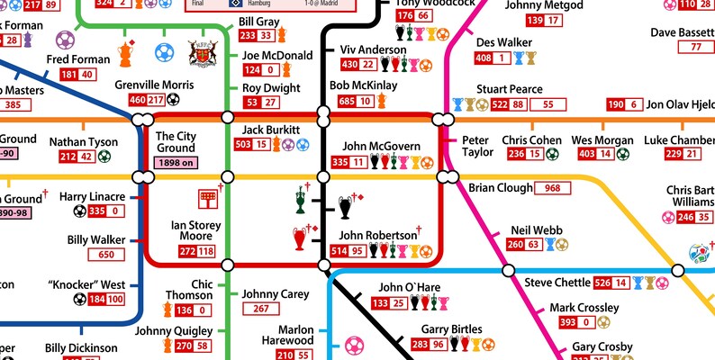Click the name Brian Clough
tap(500, 188)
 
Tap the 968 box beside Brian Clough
tap(553, 188)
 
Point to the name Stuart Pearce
tap(510, 89)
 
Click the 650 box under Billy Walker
tap(112, 255)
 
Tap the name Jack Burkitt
tap(270, 130)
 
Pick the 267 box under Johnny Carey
tap(260, 309)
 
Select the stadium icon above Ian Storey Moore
tap(207, 199)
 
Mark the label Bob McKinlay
tap(363, 86)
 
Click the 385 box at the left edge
tap(13, 104)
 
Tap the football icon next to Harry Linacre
tap(80, 211)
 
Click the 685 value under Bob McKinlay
tap(347, 102)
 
